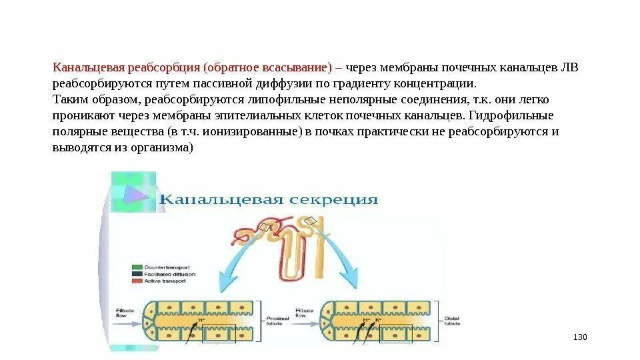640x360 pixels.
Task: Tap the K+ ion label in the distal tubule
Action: [377, 321]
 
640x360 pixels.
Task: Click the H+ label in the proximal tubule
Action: [201, 321]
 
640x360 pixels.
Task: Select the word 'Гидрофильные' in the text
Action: [522, 116]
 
